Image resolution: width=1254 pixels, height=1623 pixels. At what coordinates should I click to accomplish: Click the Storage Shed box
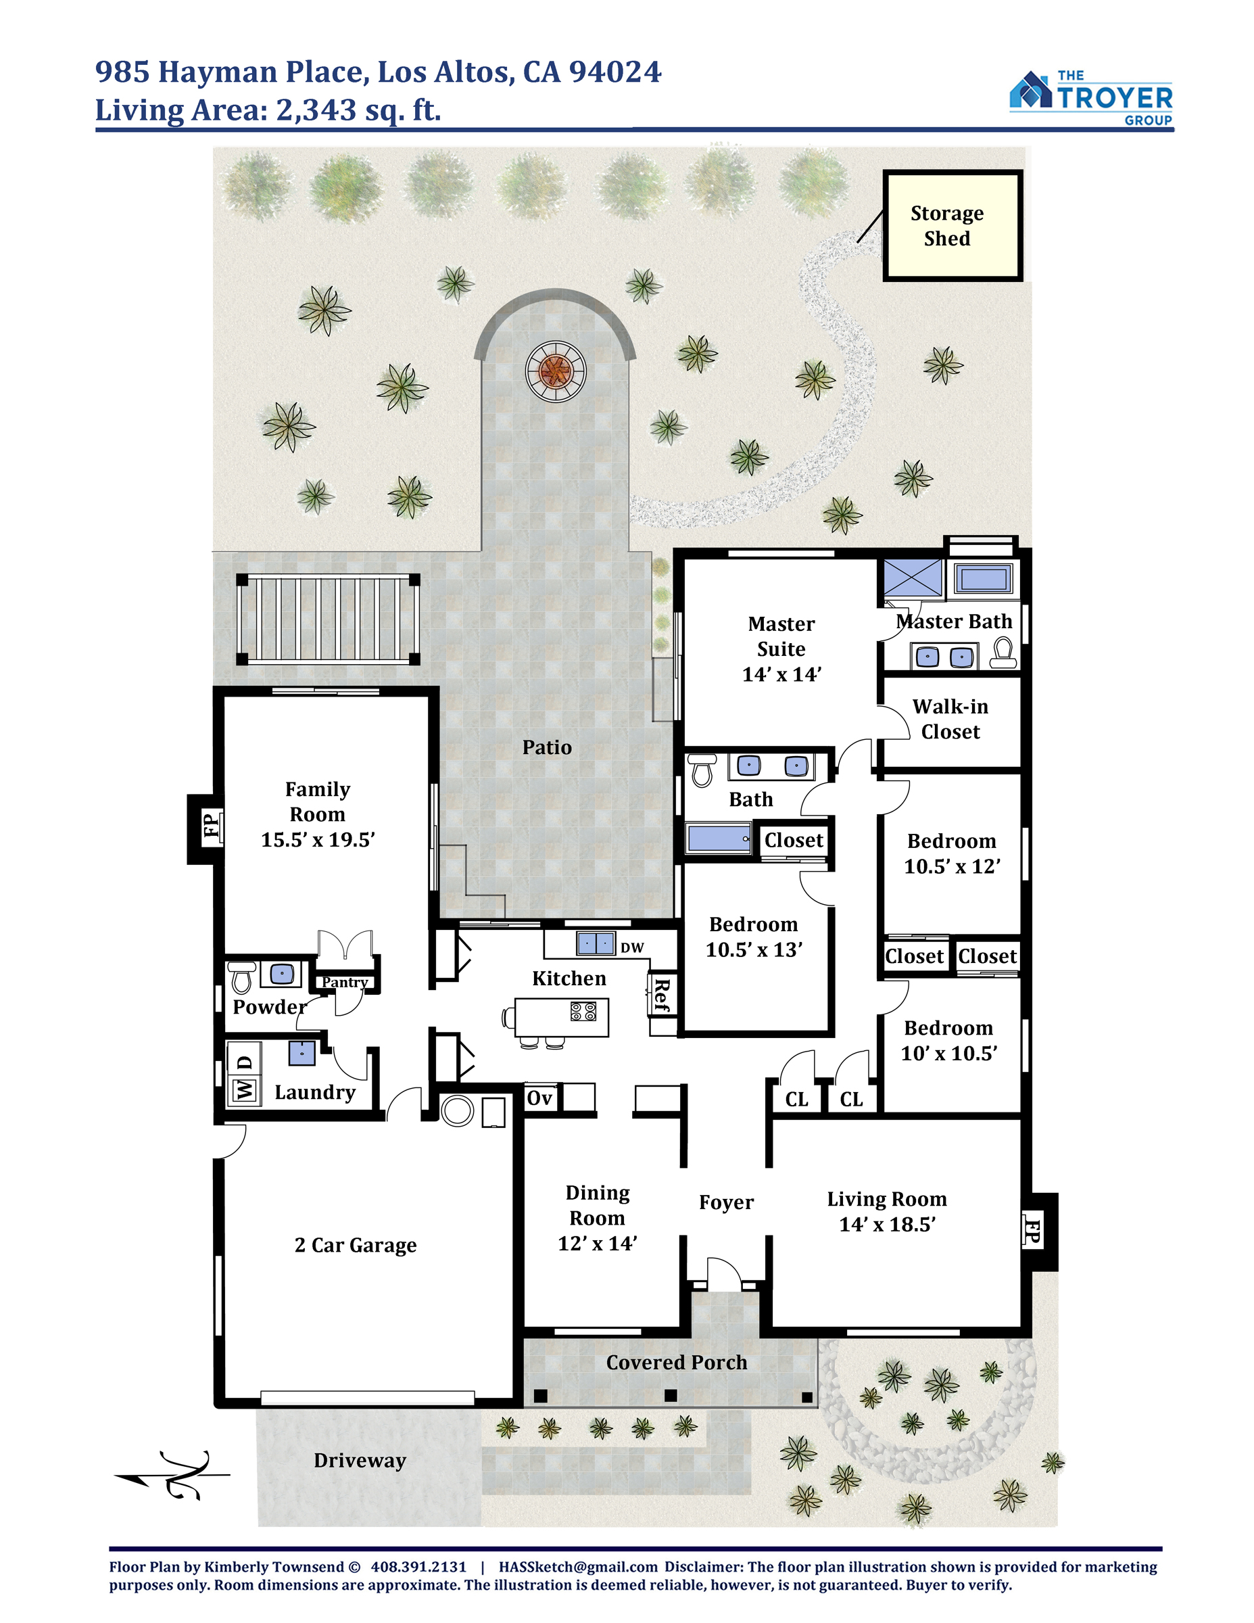pos(952,226)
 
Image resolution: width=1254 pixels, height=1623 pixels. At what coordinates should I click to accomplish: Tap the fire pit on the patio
pos(556,371)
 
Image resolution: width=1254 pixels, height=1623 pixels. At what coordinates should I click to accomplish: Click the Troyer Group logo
pos(1090,98)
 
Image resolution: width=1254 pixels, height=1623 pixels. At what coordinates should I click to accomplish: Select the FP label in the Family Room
pos(212,826)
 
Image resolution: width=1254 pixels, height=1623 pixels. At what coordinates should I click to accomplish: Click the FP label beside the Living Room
pos(1033,1231)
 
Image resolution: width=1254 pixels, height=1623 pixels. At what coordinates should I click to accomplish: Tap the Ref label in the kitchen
pos(661,995)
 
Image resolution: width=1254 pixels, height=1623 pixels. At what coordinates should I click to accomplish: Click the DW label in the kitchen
pos(632,947)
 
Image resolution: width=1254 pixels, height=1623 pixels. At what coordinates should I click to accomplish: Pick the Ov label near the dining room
pos(539,1098)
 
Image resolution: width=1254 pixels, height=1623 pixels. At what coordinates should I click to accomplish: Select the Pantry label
pos(345,983)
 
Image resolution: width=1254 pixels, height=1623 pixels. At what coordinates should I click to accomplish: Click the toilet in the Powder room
pos(241,977)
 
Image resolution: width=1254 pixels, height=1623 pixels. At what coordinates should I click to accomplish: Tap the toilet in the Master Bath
pos(1004,653)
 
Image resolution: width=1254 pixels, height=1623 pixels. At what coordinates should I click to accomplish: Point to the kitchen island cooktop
pos(583,1012)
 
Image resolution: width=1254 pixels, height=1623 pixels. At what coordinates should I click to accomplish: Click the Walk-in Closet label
pos(950,720)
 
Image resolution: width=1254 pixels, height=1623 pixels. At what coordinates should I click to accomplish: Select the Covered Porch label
pos(677,1362)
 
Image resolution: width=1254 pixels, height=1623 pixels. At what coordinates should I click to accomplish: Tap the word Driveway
pos(360,1460)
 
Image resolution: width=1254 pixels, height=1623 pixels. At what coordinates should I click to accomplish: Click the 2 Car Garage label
pos(355,1245)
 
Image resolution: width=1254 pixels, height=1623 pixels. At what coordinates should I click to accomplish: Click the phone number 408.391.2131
pos(419,1566)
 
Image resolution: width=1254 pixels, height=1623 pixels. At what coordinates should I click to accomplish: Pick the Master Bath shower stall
pos(913,578)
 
